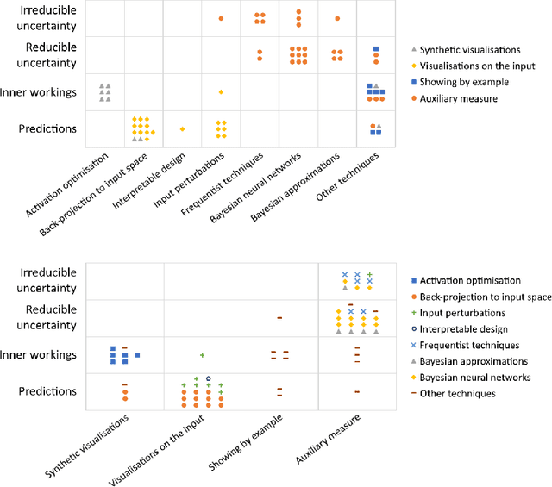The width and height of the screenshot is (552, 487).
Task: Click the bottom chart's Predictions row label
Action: pyautogui.click(x=48, y=391)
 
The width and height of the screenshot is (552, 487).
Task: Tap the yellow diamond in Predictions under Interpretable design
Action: pyautogui.click(x=182, y=128)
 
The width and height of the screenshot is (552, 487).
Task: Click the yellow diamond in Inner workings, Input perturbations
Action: pyautogui.click(x=221, y=91)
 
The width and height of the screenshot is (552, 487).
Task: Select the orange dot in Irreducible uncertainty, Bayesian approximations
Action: pyautogui.click(x=337, y=18)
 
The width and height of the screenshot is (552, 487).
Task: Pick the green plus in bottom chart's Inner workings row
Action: pyautogui.click(x=202, y=355)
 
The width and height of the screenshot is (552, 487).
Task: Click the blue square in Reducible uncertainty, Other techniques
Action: pyautogui.click(x=376, y=49)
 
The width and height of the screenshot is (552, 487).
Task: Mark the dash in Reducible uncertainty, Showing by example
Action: pyautogui.click(x=279, y=318)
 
